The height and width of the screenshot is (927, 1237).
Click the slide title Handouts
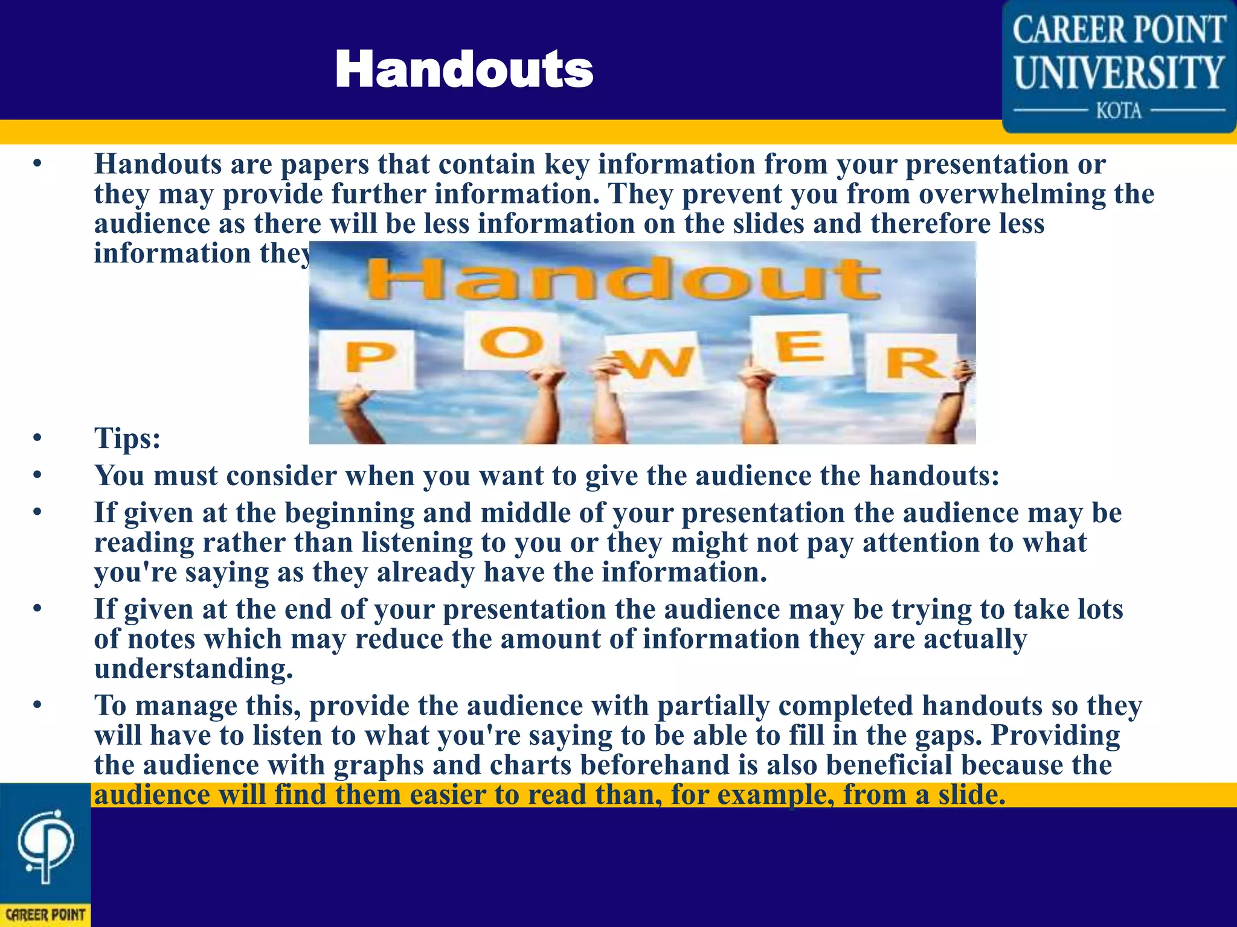(x=464, y=69)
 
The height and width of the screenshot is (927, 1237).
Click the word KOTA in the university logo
(x=1119, y=111)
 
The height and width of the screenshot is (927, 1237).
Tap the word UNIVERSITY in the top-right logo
(x=1119, y=72)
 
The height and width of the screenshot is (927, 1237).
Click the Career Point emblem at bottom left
(x=45, y=848)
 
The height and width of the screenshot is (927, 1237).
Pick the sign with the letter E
(x=800, y=346)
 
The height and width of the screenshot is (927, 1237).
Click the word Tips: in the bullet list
(x=127, y=438)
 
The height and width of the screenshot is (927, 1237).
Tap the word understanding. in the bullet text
(x=193, y=668)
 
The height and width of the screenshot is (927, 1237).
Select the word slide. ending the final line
(x=972, y=794)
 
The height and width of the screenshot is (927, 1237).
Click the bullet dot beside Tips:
(x=37, y=438)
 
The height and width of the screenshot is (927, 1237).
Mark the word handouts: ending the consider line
(x=934, y=476)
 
